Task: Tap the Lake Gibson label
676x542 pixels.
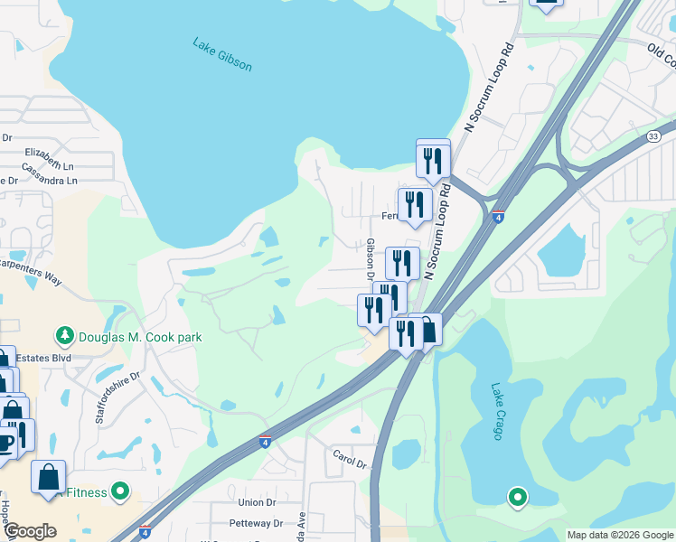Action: click(x=222, y=54)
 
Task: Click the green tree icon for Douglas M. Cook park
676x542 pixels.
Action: click(x=64, y=337)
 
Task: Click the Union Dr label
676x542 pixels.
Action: click(x=257, y=502)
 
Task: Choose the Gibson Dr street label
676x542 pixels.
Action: click(x=371, y=258)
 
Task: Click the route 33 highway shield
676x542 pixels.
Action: click(x=653, y=135)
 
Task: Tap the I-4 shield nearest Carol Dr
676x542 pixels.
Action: click(x=264, y=442)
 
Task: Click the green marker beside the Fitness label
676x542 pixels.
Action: click(x=119, y=492)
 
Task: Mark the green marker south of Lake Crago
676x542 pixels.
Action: click(x=517, y=496)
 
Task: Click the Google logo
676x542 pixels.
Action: click(x=30, y=531)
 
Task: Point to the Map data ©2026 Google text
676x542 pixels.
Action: click(x=619, y=535)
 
